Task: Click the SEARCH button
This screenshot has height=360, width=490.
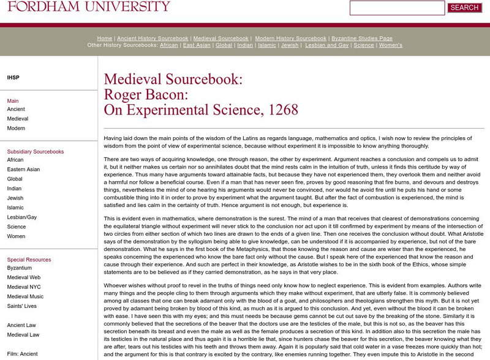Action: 464,8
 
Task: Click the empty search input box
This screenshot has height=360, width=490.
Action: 397,8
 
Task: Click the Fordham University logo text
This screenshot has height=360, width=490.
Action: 85,7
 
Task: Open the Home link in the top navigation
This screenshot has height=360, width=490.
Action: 105,38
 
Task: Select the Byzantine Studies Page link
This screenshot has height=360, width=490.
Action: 361,38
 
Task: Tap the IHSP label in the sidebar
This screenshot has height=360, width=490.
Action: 13,78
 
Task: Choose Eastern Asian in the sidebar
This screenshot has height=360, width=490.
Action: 23,170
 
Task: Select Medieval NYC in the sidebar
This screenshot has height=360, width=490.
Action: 24,287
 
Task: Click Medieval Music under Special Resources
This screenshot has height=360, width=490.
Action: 26,297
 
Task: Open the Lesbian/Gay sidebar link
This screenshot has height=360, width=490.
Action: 22,217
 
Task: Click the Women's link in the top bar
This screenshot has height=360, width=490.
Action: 390,45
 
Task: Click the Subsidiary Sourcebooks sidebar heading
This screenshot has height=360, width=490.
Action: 35,151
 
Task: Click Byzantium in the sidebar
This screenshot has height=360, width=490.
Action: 20,268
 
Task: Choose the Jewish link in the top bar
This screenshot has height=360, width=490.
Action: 290,45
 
